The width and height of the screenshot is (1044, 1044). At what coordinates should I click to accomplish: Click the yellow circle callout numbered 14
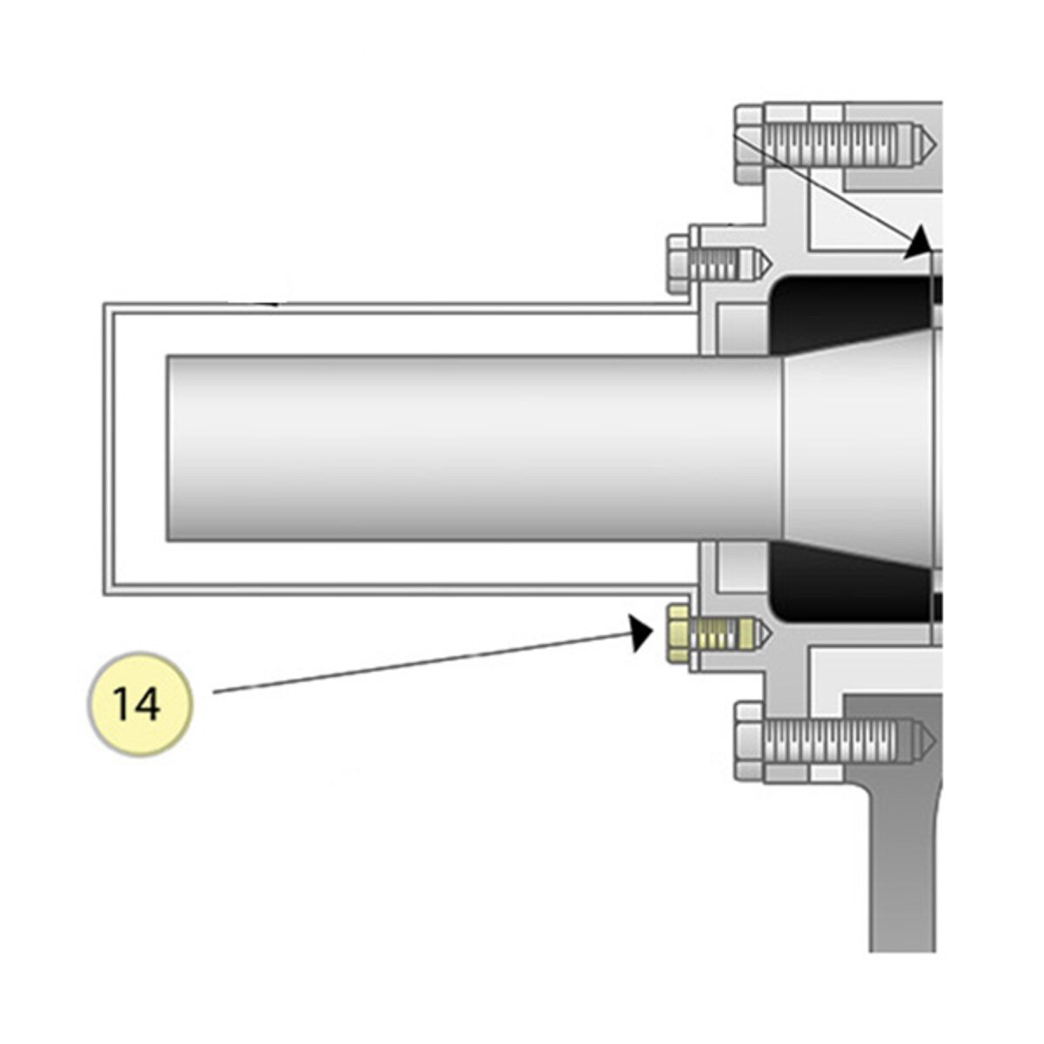coord(140,705)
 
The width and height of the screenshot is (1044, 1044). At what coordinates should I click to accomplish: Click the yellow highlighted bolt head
coord(679,633)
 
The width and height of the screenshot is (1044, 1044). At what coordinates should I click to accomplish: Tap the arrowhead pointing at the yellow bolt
coord(640,632)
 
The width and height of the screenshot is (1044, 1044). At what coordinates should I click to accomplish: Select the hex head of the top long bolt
coord(749,144)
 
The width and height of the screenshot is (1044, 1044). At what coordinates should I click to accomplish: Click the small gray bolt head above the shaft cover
coord(679,264)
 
